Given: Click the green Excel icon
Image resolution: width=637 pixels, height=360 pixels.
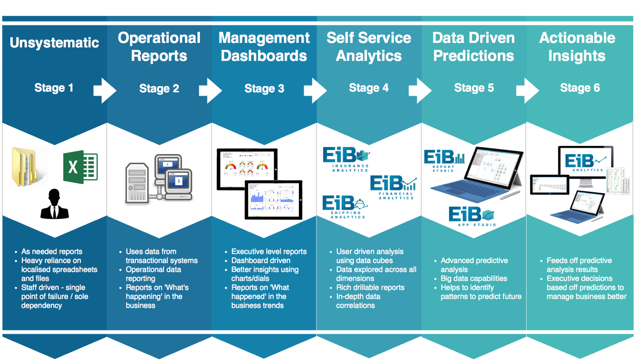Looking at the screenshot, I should (80, 167).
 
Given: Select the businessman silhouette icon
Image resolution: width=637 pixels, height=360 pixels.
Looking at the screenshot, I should (54, 204).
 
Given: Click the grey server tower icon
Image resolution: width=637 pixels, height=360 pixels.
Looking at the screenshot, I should (137, 183).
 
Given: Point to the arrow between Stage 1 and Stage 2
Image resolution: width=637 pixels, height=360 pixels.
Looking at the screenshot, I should (105, 90).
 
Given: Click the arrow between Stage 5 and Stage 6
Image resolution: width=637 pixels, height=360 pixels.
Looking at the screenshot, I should (527, 90).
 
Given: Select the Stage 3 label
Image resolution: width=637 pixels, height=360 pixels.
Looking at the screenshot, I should (264, 88).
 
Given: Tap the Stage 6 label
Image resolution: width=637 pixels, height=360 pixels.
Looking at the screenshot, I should (579, 88).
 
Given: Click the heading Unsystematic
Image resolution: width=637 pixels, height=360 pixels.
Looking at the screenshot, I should (54, 42).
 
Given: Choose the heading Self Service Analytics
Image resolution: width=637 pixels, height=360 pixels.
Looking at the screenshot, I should (369, 47).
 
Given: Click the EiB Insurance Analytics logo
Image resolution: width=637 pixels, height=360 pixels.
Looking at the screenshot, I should (346, 159).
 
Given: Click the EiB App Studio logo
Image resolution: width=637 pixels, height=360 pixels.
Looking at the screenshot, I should (472, 216).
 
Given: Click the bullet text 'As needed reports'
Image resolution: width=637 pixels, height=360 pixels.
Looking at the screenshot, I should (52, 251).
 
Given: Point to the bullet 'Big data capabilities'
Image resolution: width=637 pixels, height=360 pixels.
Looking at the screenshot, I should (474, 278).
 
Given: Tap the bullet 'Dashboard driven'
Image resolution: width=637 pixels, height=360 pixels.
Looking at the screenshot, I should (261, 261).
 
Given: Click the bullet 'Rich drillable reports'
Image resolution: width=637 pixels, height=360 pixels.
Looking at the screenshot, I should (370, 287).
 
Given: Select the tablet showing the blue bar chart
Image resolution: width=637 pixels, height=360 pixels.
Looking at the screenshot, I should (273, 200).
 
